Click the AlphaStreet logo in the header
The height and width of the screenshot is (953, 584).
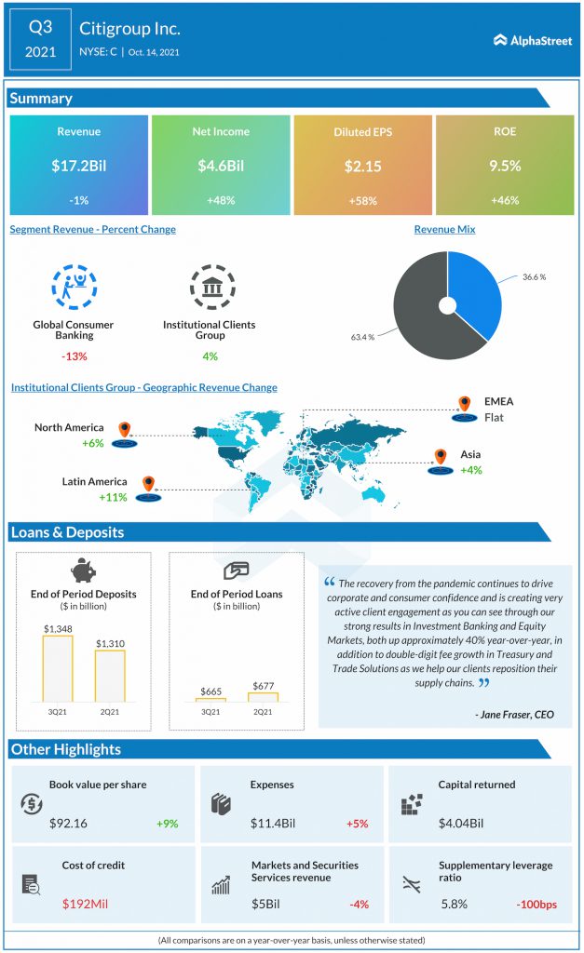pos(532,41)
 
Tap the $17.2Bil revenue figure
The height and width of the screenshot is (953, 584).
pos(79,166)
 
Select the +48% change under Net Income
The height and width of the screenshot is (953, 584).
pos(221,200)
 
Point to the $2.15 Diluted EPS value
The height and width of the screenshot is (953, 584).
pos(363,166)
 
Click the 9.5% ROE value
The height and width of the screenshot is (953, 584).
pos(505,166)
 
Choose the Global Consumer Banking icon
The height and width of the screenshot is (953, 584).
pos(75,287)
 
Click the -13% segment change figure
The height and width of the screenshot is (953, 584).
pos(75,356)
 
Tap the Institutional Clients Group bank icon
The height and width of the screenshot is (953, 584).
pos(212,287)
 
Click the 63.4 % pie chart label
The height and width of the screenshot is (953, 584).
pos(362,337)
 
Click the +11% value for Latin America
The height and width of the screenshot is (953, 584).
pos(113,497)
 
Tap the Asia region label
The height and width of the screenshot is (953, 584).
pos(470,454)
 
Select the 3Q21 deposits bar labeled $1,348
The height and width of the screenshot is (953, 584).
pos(58,668)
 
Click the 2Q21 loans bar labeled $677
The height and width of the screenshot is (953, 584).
pos(264,697)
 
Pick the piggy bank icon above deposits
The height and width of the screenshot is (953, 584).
pos(83,570)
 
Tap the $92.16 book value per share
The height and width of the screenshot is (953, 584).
pos(68,824)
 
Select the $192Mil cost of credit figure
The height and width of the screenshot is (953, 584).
pos(85,904)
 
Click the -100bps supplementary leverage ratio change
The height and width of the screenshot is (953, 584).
pos(536,905)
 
